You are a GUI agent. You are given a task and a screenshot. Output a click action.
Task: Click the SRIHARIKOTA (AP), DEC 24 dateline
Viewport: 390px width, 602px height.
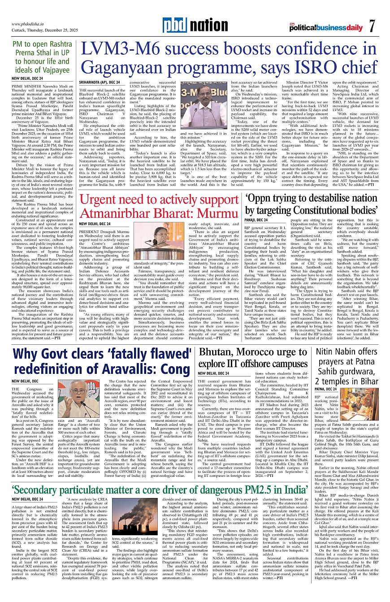pos(100,82)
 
